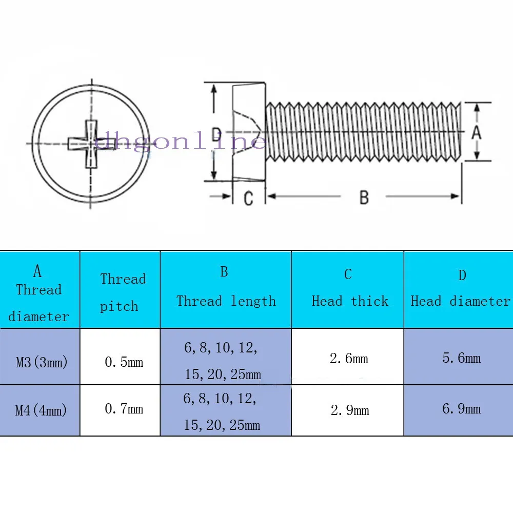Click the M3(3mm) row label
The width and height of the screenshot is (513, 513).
click(x=42, y=362)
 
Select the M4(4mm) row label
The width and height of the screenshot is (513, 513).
click(x=41, y=410)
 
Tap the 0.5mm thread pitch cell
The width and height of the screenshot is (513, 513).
click(x=124, y=362)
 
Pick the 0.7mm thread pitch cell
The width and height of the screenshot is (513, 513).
click(x=124, y=409)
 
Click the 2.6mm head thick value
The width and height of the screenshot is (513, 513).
click(x=349, y=359)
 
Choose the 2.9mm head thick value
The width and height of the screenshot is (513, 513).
click(x=350, y=410)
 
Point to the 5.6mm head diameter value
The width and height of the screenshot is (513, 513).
click(x=462, y=358)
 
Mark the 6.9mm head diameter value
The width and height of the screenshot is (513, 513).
click(x=462, y=409)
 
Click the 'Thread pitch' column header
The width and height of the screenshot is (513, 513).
click(x=123, y=292)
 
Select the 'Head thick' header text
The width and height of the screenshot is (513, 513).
click(x=350, y=301)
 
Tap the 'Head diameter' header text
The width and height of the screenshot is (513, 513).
click(x=461, y=301)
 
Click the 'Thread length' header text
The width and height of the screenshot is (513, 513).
click(x=226, y=301)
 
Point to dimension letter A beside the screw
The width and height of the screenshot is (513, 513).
click(x=477, y=132)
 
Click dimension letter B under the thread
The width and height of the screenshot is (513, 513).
click(x=364, y=198)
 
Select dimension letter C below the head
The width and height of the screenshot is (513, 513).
click(x=248, y=198)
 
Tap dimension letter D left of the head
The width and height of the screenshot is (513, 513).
click(x=216, y=134)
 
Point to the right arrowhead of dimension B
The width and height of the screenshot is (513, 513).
click(x=455, y=196)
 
